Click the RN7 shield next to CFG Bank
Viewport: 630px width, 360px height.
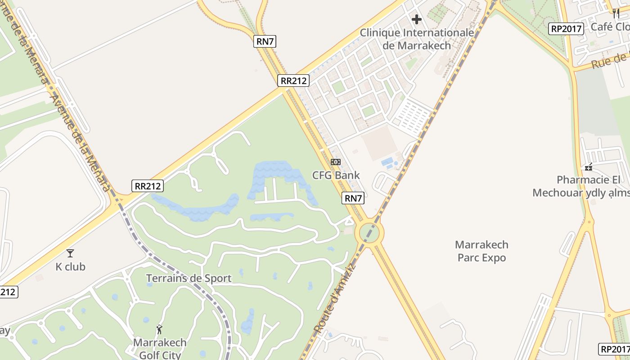353,198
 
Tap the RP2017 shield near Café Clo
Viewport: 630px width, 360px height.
567,29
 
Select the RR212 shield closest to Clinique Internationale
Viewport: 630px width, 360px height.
293,81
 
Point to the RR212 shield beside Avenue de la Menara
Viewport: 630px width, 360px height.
148,186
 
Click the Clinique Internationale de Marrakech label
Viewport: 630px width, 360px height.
417,39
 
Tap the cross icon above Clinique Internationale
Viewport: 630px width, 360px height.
417,19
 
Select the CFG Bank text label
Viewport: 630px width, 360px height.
337,175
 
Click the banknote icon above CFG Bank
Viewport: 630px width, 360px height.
336,162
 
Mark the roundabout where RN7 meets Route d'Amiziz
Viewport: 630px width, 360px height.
369,233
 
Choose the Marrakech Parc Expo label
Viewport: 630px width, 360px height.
481,251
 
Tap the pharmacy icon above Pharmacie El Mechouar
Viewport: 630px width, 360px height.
588,167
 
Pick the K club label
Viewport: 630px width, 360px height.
70,267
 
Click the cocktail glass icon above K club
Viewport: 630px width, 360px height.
70,253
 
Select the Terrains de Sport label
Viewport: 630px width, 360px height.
189,278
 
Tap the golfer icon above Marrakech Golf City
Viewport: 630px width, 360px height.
159,329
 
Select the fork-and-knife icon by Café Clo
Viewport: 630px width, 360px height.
616,13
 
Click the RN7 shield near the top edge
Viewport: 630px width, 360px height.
265,42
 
